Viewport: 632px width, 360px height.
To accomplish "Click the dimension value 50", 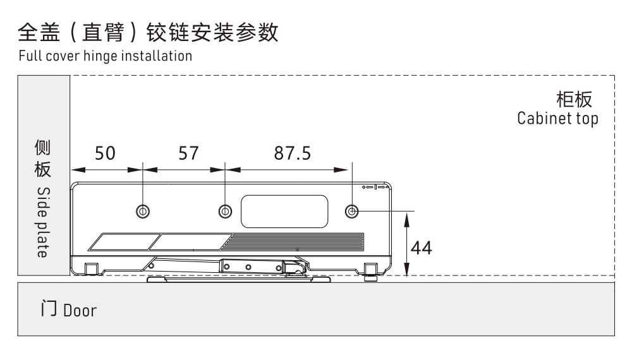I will point(105,153).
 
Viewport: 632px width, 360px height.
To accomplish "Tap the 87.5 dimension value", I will point(292,153).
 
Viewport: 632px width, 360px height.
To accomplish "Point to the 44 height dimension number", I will point(422,248).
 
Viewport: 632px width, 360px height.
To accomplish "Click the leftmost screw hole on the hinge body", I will point(143,210).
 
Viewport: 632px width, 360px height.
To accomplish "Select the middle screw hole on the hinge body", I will point(224,210).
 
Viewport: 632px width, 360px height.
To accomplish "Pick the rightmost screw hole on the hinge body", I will point(351,210).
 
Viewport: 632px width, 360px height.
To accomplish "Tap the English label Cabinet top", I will point(557,119).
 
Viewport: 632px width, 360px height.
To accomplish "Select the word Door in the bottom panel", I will point(79,311).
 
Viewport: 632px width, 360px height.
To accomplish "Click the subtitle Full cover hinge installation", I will point(105,56).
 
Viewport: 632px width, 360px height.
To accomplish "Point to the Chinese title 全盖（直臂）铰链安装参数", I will point(148,32).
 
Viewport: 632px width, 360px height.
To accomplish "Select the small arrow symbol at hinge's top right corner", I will point(377,188).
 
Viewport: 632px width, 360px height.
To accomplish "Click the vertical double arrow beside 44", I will point(408,243).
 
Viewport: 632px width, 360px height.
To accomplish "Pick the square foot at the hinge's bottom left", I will point(91,268).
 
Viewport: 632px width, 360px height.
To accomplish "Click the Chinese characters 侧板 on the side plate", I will point(42,159).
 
